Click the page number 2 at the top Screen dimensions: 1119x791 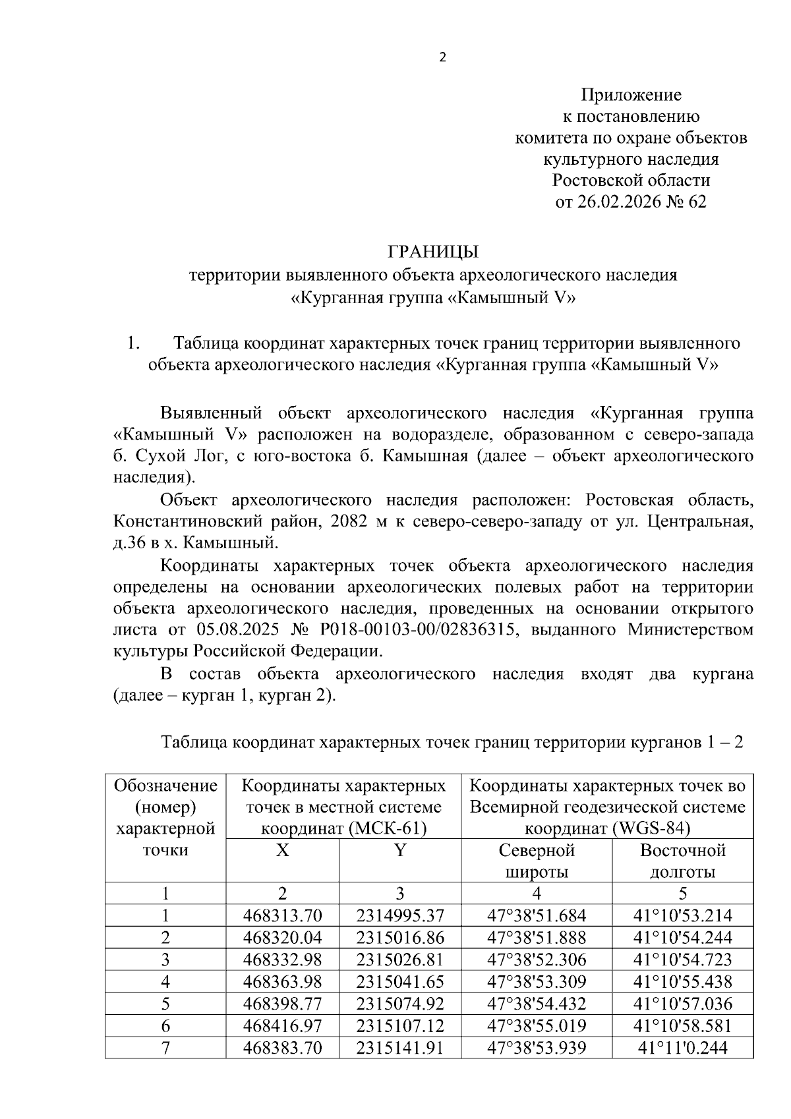coord(442,58)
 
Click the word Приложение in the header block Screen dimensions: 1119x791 coord(631,96)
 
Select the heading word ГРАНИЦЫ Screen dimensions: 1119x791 coord(433,252)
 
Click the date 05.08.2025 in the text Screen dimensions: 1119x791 coord(235,629)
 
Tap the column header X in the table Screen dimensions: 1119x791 coord(282,850)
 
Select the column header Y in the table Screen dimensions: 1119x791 coord(400,850)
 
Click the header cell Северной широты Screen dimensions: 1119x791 coord(537,861)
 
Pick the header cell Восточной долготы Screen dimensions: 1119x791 coord(682,861)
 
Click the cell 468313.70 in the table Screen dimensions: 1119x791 coord(282,915)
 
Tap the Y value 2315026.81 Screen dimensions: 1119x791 coord(400,960)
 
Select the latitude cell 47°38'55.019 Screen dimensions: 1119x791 coord(537,1025)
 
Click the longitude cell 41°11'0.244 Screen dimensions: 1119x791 coord(682,1047)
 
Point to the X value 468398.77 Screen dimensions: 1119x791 coord(282,1004)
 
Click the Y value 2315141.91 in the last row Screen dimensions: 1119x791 coord(400,1047)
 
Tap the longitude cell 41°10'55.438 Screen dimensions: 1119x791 coord(682,981)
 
